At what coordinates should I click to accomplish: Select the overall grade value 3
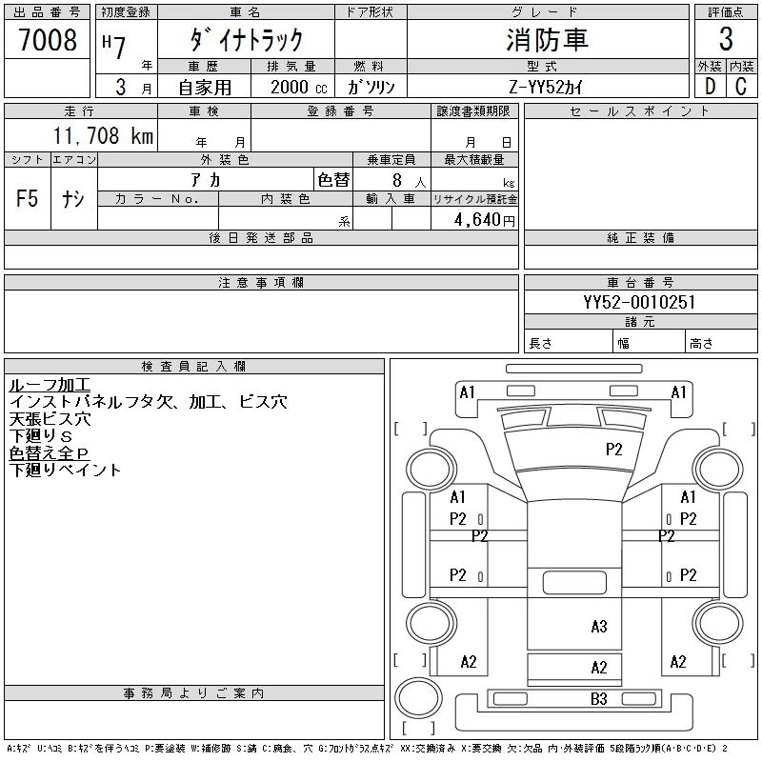pyautogui.click(x=726, y=40)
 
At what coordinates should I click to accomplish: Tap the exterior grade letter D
pyautogui.click(x=710, y=86)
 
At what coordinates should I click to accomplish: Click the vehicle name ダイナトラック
pyautogui.click(x=246, y=40)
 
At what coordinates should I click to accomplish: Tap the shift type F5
pyautogui.click(x=28, y=199)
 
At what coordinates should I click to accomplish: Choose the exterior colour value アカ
pyautogui.click(x=207, y=180)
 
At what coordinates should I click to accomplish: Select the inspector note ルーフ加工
pyautogui.click(x=50, y=385)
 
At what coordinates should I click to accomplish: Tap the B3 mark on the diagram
pyautogui.click(x=598, y=699)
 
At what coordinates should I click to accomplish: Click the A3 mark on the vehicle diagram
pyautogui.click(x=598, y=626)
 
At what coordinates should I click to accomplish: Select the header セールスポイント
pyautogui.click(x=640, y=110)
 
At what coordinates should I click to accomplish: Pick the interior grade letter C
pyautogui.click(x=740, y=86)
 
